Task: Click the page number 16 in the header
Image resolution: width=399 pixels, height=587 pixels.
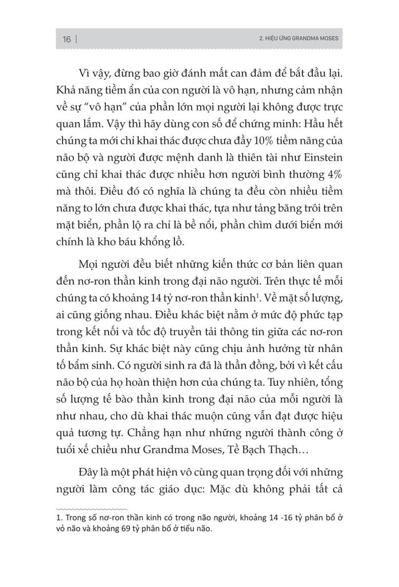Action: pyautogui.click(x=66, y=40)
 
